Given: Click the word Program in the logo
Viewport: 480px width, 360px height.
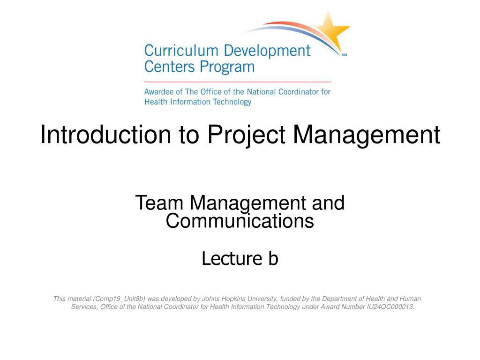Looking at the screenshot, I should [229, 67].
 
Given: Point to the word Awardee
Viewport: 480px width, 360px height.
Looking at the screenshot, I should [158, 92].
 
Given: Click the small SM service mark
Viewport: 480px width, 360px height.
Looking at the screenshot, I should [345, 55].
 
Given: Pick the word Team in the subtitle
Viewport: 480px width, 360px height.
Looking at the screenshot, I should [158, 203].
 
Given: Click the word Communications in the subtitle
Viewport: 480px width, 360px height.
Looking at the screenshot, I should [240, 221].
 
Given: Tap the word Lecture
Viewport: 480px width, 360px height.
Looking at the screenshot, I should [232, 258].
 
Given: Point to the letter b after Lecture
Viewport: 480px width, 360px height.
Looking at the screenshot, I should [273, 258].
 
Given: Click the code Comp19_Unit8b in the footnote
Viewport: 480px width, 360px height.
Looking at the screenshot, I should [119, 299].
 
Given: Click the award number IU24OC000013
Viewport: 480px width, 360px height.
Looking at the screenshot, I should [390, 307].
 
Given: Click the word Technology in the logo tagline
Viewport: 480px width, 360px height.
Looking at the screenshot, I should [232, 102].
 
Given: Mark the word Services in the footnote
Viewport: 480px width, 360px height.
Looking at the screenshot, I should [84, 307].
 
